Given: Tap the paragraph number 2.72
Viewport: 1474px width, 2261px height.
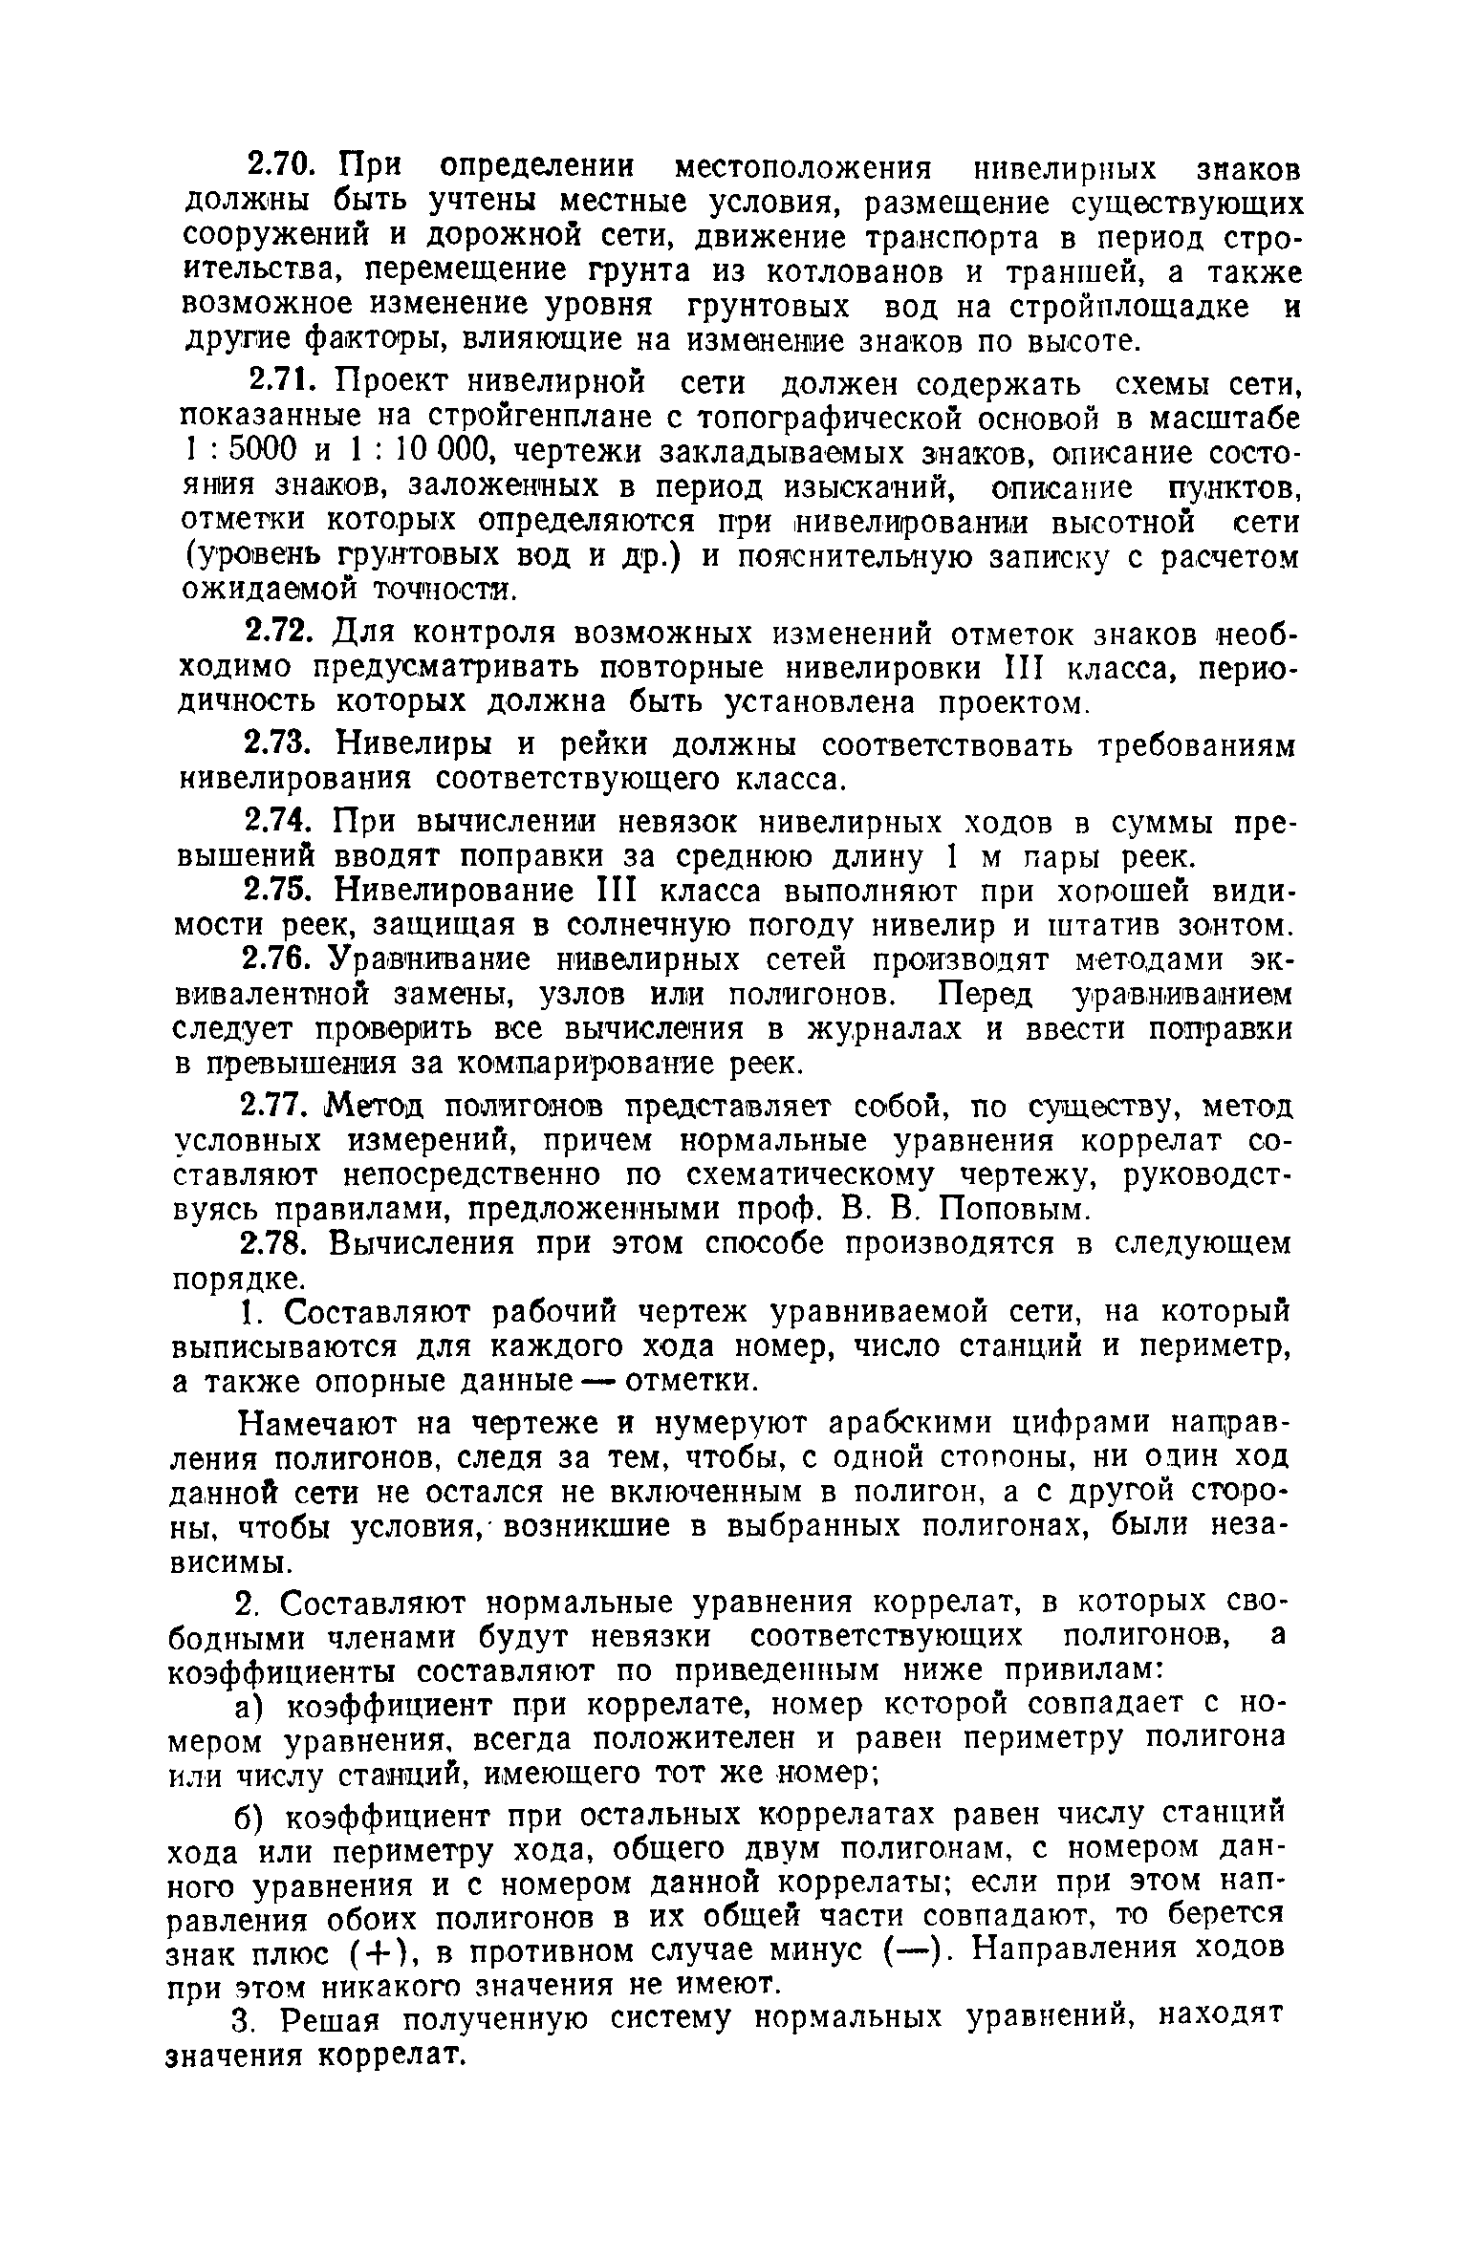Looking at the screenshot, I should point(277,633).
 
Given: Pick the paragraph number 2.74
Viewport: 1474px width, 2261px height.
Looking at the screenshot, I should point(277,821).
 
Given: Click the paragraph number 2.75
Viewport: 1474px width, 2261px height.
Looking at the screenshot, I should point(277,891).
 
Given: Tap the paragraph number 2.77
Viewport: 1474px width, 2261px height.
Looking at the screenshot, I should point(277,1107).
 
